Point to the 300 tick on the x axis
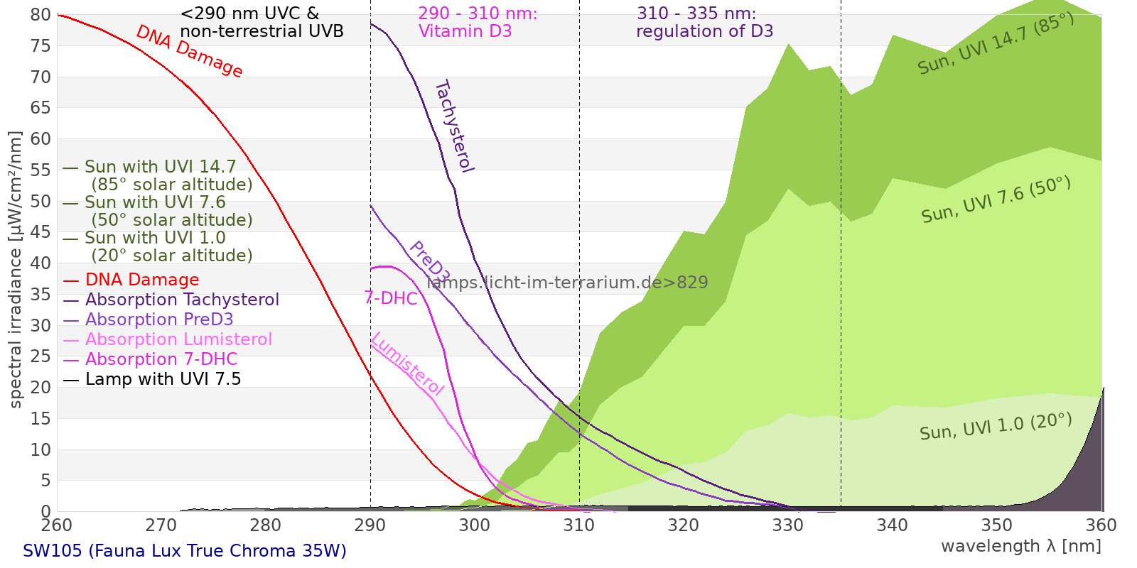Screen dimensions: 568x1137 click(x=475, y=525)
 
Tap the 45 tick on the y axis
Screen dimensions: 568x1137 click(x=41, y=232)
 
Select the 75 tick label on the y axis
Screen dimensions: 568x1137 click(x=41, y=46)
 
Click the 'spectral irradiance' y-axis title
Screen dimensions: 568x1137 click(x=16, y=270)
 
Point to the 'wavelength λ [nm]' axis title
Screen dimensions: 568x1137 click(x=1020, y=546)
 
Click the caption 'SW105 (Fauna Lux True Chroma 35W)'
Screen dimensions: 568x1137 click(x=185, y=551)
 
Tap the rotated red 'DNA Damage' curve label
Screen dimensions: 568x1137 click(x=189, y=51)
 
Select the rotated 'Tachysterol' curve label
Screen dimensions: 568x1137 click(x=453, y=126)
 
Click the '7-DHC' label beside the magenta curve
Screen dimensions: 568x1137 click(x=391, y=298)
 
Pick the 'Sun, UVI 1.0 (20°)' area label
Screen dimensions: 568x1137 click(x=995, y=427)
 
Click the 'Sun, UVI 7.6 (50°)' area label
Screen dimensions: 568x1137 click(x=996, y=200)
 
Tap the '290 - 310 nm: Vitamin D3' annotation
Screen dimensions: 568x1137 click(x=477, y=23)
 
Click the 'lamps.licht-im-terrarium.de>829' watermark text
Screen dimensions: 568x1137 click(x=567, y=283)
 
